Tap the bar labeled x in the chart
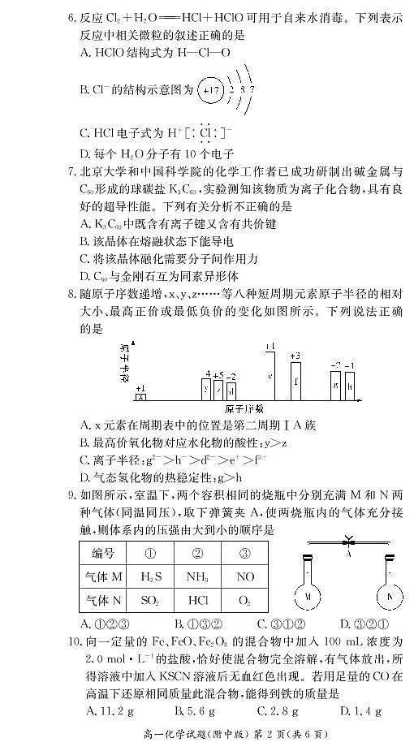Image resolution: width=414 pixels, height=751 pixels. [141, 396]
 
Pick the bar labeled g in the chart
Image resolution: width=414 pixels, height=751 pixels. [334, 385]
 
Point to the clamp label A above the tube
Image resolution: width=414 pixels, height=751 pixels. [347, 549]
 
